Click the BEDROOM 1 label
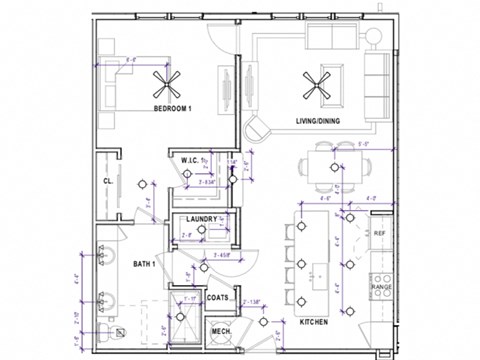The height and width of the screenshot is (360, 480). [173, 107]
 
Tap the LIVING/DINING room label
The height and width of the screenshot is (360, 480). [318, 122]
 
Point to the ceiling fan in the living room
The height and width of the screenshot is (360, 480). [322, 84]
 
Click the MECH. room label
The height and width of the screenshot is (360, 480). [221, 333]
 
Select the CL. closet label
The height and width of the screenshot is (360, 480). [107, 182]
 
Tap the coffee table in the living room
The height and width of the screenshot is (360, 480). [322, 84]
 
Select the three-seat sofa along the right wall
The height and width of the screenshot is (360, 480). [378, 89]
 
